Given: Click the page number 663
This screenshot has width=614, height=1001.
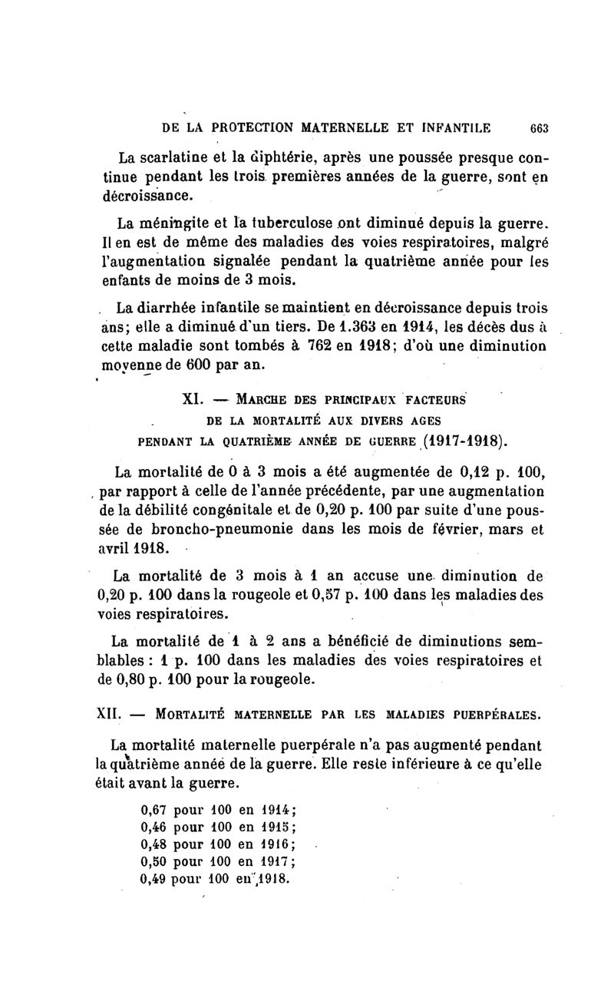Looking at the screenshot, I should pos(532,128).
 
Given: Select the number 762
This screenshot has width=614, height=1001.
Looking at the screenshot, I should pos(328,345).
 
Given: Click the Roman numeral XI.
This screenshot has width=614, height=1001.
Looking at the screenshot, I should pos(193,400).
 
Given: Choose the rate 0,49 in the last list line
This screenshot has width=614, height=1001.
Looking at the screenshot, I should pos(156,879).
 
